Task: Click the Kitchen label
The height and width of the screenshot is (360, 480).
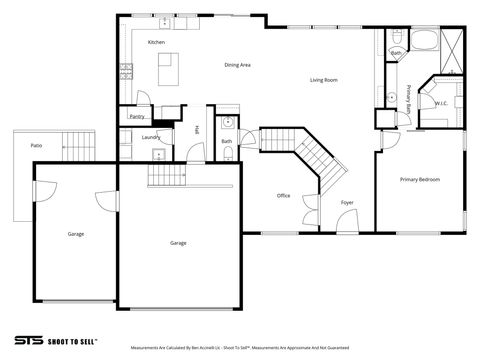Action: [156, 42]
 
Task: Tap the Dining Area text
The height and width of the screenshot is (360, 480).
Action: [237, 65]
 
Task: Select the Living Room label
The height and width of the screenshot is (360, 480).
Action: [323, 79]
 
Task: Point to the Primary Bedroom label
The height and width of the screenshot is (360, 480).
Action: [420, 179]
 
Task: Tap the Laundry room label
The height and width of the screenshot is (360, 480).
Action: [151, 137]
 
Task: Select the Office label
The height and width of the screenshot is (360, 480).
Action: [283, 195]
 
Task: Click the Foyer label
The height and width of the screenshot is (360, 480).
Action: [347, 202]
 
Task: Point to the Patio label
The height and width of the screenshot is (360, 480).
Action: [36, 146]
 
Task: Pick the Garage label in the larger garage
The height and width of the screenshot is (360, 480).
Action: [178, 243]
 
